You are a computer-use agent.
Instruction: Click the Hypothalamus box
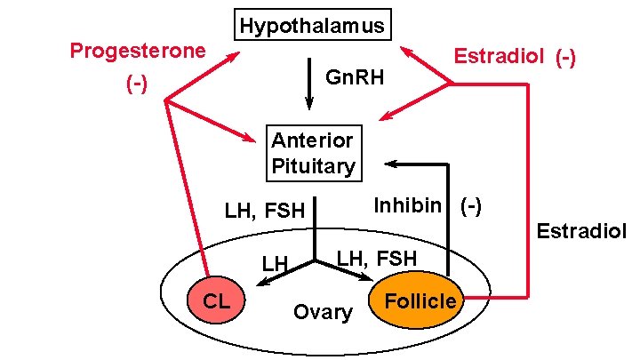point(312,26)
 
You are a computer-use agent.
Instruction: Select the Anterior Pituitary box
point(313,152)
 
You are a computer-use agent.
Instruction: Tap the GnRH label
point(355,78)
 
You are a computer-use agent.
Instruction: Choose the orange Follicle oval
point(419,300)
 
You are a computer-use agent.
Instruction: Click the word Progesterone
point(138,50)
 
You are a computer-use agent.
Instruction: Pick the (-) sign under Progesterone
point(136,85)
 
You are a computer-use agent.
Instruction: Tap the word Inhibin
point(407,205)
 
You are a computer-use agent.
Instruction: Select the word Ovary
point(322,312)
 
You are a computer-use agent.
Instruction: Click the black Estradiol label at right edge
point(581,233)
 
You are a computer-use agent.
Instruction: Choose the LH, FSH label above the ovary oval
point(264,211)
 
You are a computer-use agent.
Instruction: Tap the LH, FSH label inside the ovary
point(376,259)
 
